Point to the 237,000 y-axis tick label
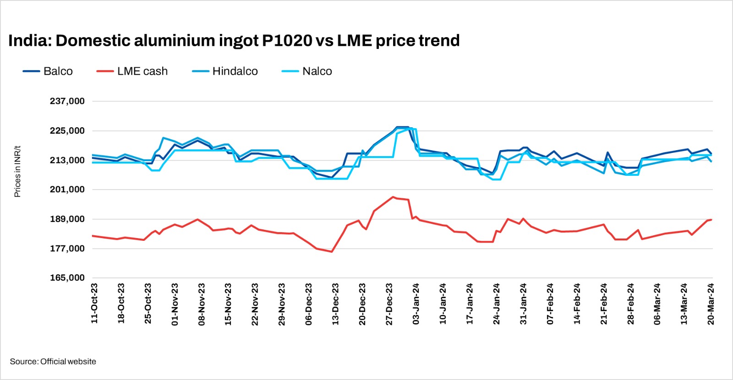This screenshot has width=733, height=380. click(x=67, y=101)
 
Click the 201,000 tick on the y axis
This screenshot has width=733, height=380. click(x=67, y=190)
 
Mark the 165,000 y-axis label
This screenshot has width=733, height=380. click(x=67, y=278)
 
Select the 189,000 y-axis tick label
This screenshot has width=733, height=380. click(x=67, y=219)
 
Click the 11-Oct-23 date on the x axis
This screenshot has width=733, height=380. click(x=94, y=304)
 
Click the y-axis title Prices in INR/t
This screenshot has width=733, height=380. click(x=17, y=172)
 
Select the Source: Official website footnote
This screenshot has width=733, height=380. click(x=53, y=362)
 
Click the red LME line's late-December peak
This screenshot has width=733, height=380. click(x=393, y=197)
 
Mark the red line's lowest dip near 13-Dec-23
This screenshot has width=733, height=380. click(x=332, y=252)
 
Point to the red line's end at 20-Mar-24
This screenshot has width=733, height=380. click(x=711, y=220)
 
